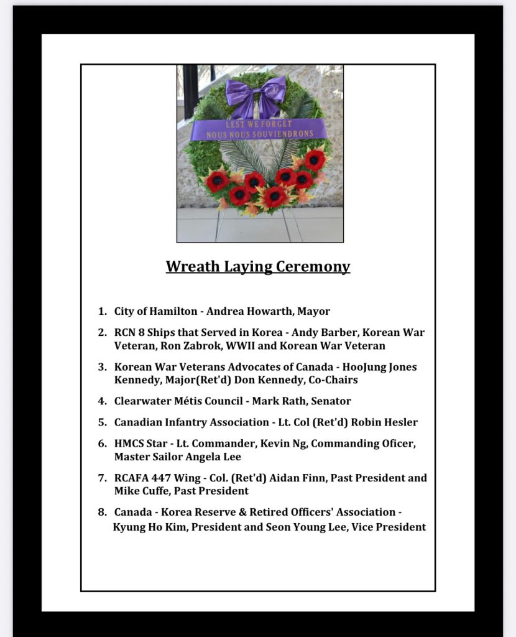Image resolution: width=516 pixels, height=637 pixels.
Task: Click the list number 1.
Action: pos(101,311)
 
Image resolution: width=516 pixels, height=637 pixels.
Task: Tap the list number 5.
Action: pos(101,422)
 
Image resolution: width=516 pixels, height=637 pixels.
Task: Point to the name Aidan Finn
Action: pos(296,478)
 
